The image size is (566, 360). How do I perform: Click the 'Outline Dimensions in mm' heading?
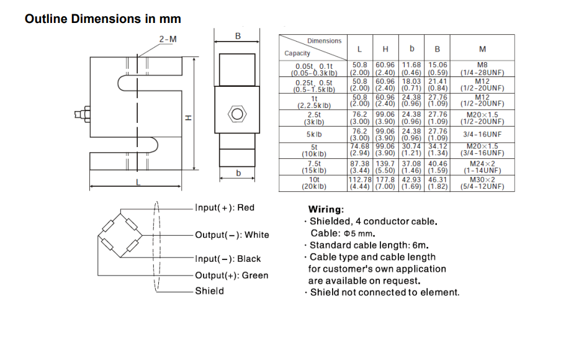102,19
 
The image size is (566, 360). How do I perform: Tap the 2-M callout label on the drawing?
168,39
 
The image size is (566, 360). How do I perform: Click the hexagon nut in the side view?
236,114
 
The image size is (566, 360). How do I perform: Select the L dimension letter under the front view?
138,182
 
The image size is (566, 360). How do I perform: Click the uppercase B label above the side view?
238,37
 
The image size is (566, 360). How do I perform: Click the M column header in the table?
482,49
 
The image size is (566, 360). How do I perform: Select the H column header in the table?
385,49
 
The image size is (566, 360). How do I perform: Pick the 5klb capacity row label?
314,134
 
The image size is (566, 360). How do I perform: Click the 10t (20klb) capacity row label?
314,182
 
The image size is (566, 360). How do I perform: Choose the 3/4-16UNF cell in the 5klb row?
482,134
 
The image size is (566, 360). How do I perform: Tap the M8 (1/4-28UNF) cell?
482,68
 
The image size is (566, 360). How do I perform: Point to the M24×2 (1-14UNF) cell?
482,166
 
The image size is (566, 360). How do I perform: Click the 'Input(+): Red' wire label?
225,208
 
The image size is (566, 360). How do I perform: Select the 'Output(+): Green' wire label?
231,276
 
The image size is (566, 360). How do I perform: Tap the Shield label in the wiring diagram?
209,290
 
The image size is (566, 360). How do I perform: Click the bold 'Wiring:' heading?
326,210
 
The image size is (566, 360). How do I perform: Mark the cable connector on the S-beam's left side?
80,115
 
